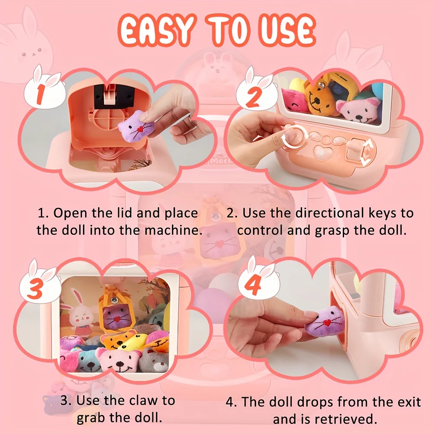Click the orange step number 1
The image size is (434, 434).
coord(40,94)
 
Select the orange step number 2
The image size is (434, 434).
coord(253,97)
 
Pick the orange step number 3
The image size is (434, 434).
coord(35,289)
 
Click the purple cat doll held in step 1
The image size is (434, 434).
coord(136,126)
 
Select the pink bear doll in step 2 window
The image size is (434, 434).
coord(358,110)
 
